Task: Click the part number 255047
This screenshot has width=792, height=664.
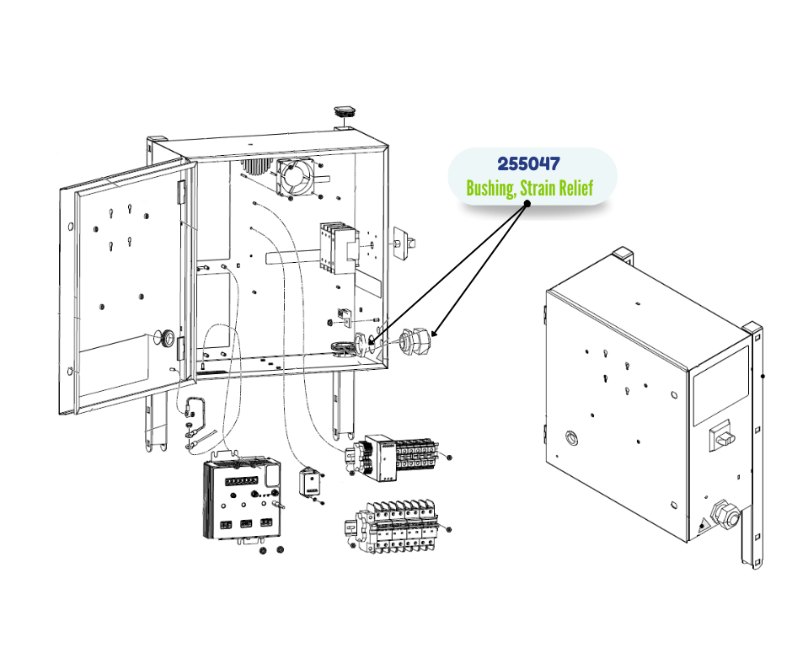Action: point(529,163)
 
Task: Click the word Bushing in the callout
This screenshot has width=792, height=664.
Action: point(491,187)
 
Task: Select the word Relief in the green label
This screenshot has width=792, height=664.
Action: point(574,187)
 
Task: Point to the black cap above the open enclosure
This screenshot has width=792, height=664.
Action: point(345,111)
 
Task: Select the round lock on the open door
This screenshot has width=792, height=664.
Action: point(168,339)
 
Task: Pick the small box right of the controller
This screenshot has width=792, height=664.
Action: point(311,482)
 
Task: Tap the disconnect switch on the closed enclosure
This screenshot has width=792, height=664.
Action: point(723,435)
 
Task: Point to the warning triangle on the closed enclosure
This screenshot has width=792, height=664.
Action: point(702,527)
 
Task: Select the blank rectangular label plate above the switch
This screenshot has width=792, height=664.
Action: point(720,385)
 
